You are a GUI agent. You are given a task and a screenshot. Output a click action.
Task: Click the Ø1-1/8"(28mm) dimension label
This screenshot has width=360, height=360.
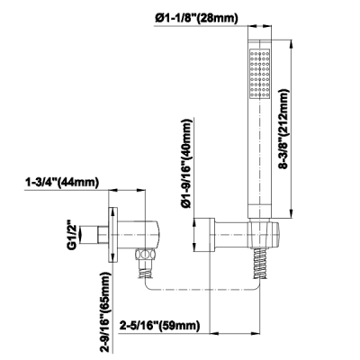point(197,19)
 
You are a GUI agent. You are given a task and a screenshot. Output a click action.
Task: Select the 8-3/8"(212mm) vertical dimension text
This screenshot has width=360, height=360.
point(283,129)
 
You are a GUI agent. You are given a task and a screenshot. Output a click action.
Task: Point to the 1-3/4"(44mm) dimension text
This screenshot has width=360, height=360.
point(62,183)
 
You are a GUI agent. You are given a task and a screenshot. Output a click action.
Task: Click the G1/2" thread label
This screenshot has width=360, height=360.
point(71,235)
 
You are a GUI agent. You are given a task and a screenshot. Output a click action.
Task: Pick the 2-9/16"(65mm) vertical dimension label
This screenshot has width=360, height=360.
point(105,313)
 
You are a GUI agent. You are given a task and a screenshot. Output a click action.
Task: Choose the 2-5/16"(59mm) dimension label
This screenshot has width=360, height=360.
point(160,326)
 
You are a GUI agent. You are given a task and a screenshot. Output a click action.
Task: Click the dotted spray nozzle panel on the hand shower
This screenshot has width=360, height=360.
point(260,73)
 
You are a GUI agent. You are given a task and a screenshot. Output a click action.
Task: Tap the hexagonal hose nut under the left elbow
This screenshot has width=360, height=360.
point(145,255)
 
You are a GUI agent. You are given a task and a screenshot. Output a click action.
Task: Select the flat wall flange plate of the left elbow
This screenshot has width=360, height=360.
point(112,235)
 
